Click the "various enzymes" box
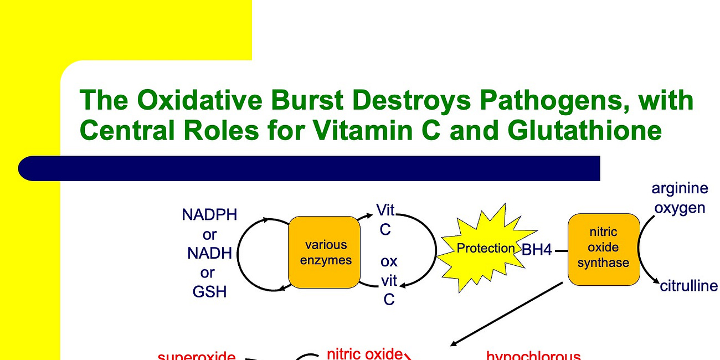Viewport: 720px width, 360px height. tap(325, 252)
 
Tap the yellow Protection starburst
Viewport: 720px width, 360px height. tap(485, 248)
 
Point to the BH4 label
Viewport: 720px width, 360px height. tap(537, 250)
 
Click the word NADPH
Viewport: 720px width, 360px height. tap(209, 215)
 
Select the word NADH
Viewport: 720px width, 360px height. tap(209, 254)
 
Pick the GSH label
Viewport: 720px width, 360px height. tap(209, 292)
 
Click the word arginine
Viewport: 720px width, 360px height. tap(680, 188)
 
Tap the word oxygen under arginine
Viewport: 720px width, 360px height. tap(680, 208)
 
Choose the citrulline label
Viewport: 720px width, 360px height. tap(688, 286)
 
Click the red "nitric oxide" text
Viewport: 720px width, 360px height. tap(364, 353)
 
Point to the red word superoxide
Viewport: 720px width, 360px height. tap(197, 356)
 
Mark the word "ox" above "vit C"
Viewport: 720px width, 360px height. tap(389, 261)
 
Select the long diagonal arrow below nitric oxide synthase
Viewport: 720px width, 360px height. tap(507, 313)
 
